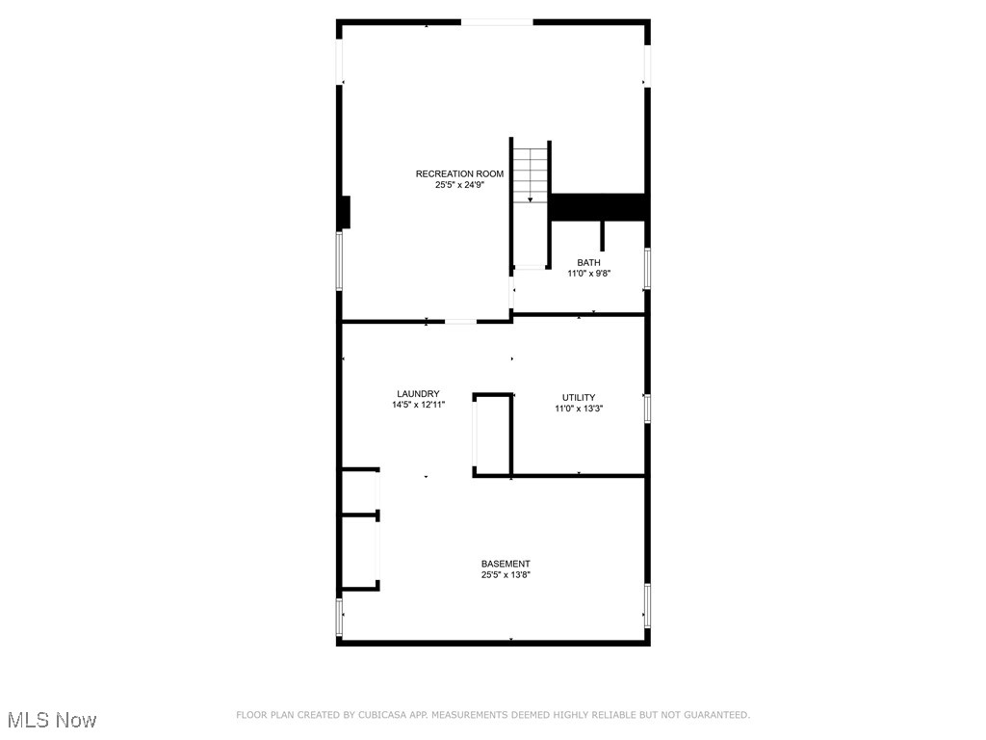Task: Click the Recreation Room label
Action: [459, 173]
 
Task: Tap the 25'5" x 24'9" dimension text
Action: [459, 185]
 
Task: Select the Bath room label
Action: [588, 262]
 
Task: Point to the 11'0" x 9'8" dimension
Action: [588, 274]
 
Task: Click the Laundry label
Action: [418, 393]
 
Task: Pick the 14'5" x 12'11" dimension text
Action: [418, 406]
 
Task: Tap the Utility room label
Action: [579, 397]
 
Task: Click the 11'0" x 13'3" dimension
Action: [579, 409]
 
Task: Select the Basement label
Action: [506, 564]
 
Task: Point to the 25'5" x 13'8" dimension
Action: [506, 575]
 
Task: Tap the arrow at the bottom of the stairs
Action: [530, 199]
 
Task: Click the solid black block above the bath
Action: [597, 207]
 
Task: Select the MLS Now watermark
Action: [52, 720]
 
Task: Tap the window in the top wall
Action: [496, 21]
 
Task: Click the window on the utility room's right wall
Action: [647, 408]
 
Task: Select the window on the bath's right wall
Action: [647, 268]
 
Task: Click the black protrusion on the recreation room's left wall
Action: [345, 212]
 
